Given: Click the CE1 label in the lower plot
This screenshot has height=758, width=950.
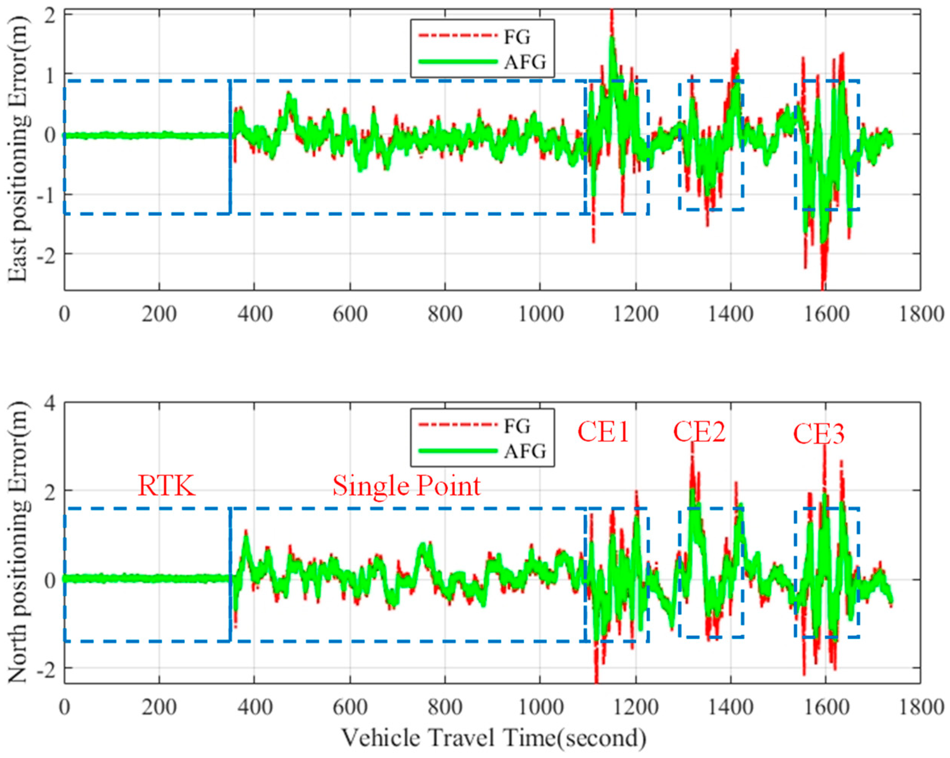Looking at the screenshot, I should pos(603,433).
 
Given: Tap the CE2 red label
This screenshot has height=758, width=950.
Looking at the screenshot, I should pos(699,432).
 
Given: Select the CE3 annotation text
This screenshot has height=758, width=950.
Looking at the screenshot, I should pos(819,435).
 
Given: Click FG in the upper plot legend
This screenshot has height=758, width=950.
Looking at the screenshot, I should pos(517,37).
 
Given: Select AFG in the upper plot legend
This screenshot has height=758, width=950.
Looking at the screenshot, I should pos(525,62).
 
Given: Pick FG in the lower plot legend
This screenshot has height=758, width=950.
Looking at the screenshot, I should pos(517,426).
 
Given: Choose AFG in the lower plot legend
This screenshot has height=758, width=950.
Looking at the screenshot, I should pos(525,451).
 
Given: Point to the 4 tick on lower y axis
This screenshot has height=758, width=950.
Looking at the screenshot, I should pos(49,404).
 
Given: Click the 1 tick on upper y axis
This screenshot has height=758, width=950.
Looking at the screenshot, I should pos(49,74).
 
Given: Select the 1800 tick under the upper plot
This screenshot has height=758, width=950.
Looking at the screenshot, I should pos(920,314).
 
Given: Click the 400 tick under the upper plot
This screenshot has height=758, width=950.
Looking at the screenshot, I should pos(254,314).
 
